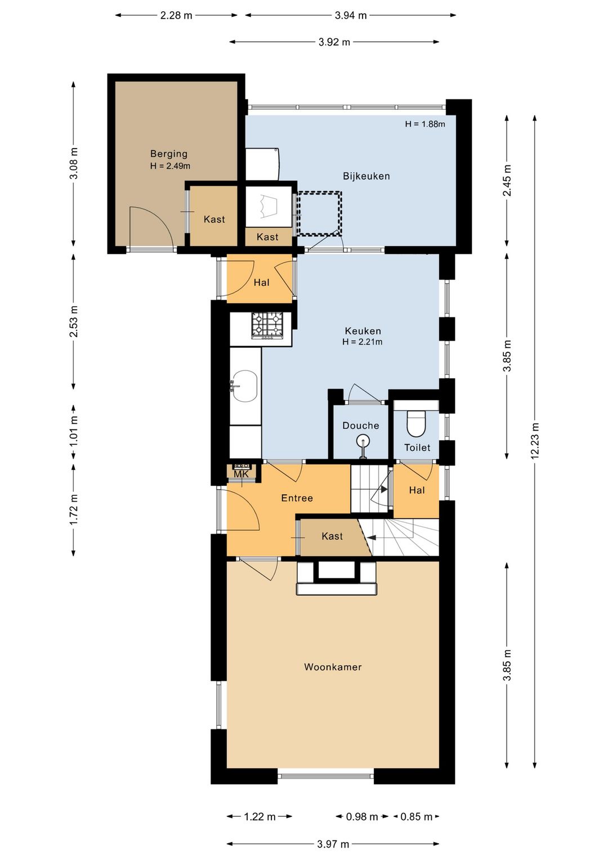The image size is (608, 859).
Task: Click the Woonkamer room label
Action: (x=333, y=667)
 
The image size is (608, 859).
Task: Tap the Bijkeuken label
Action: (x=366, y=176)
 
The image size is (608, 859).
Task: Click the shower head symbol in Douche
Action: (x=362, y=445)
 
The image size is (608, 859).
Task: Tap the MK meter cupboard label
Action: (x=242, y=474)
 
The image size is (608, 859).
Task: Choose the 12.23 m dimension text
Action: (x=535, y=441)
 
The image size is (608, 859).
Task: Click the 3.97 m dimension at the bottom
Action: (x=333, y=844)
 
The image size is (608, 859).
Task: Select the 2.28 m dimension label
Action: (x=176, y=16)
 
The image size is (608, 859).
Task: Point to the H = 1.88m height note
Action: (x=425, y=124)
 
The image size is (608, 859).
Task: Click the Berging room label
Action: (x=169, y=154)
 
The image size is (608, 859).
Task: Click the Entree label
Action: (x=297, y=498)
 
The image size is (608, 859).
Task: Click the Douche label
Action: (x=361, y=426)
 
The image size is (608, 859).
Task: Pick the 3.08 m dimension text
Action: (x=74, y=163)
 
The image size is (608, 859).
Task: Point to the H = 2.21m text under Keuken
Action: (x=362, y=342)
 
